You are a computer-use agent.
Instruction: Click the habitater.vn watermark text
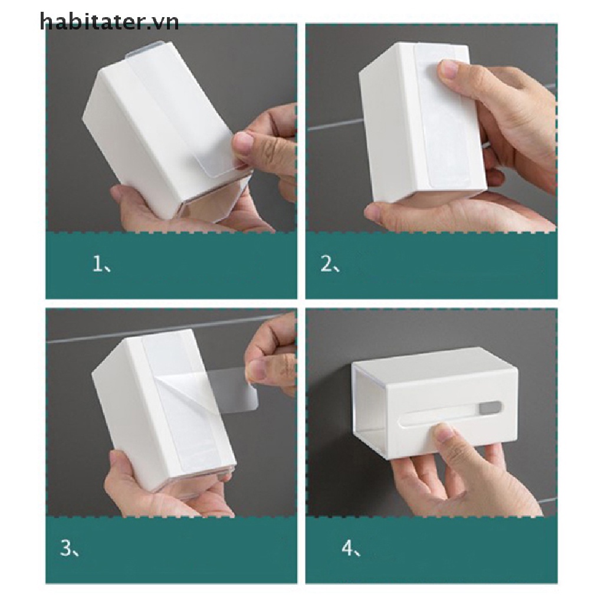tap(109, 22)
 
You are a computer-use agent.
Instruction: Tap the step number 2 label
tap(329, 265)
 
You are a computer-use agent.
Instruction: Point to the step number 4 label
tap(350, 549)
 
